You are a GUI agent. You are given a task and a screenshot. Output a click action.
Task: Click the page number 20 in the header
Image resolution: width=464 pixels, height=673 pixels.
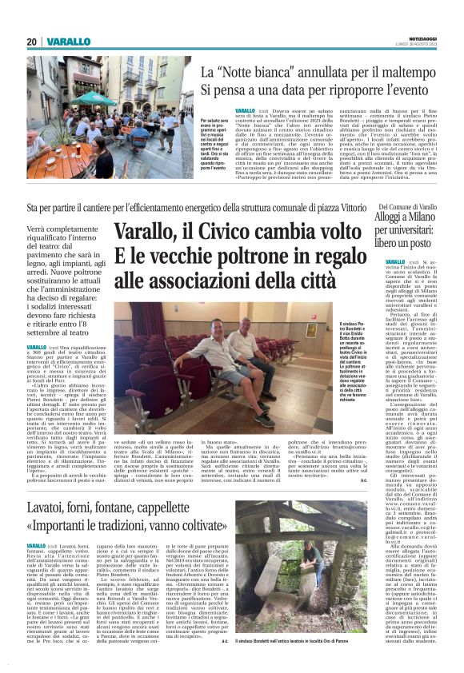(x=32, y=42)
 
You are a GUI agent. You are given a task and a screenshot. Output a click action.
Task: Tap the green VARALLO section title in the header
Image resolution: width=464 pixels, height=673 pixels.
(x=67, y=42)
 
